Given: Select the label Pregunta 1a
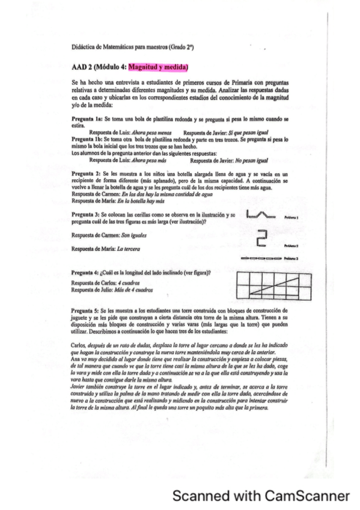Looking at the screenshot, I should pos(88,119).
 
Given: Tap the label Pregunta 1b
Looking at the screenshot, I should pos(88,138).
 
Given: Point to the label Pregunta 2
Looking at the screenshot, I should pos(87,172).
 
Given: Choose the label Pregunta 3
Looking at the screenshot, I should pos(87,214).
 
